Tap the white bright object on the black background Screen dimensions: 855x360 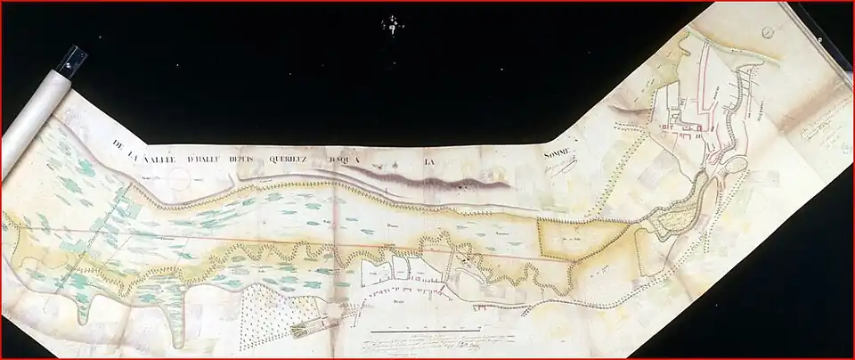[392, 24]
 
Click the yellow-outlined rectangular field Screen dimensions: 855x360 [579, 239]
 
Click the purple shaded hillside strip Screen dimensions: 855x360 [427, 181]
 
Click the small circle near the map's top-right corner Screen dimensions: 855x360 [768, 31]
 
